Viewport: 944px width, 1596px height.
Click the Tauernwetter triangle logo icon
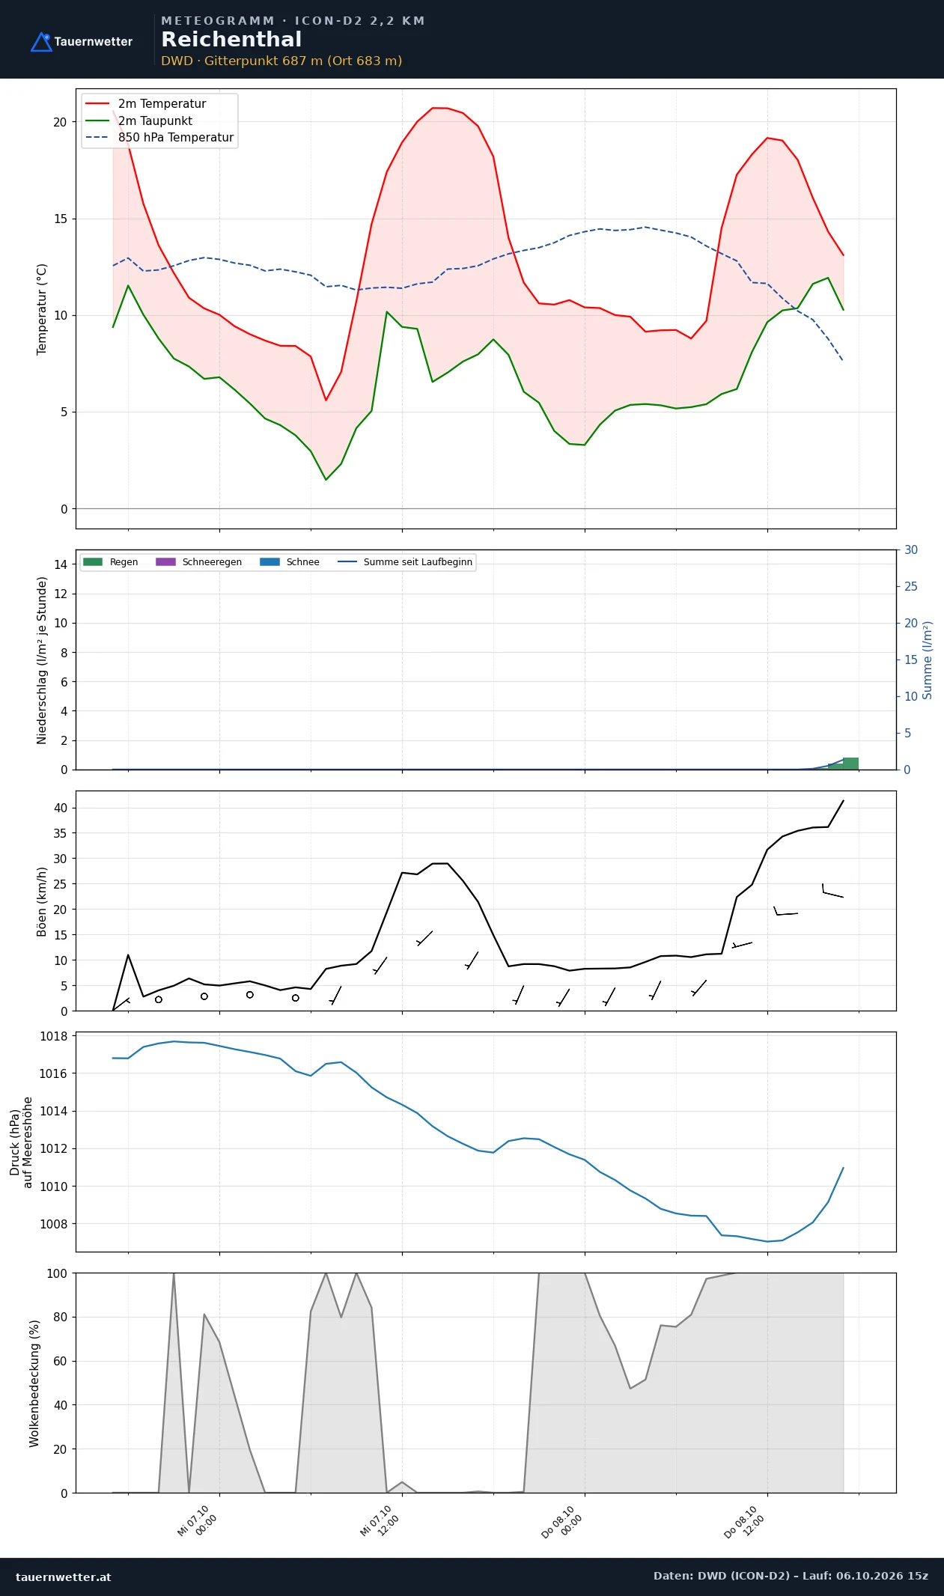click(x=41, y=42)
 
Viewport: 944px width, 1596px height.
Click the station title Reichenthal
click(x=231, y=40)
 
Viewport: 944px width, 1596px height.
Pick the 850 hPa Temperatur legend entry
click(x=159, y=138)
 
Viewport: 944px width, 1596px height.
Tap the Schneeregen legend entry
click(x=198, y=562)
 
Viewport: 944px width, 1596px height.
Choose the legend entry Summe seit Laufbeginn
click(x=405, y=562)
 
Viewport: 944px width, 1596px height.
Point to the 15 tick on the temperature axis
click(x=60, y=219)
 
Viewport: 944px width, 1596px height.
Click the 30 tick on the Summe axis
click(x=911, y=549)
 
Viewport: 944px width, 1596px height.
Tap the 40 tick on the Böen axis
click(x=60, y=808)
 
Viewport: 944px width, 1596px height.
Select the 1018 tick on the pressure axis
click(x=53, y=1037)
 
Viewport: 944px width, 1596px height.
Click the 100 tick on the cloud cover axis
click(x=57, y=1273)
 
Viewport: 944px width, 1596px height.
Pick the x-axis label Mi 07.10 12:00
click(x=380, y=1520)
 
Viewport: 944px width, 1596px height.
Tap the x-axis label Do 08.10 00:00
click(x=562, y=1521)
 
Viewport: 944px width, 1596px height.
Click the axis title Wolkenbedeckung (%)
click(x=34, y=1383)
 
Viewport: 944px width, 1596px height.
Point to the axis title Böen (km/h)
click(x=42, y=901)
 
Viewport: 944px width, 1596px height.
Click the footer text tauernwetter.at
click(x=64, y=1577)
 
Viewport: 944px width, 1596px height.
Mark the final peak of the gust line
click(x=844, y=800)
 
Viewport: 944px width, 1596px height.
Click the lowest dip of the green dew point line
click(x=326, y=480)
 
